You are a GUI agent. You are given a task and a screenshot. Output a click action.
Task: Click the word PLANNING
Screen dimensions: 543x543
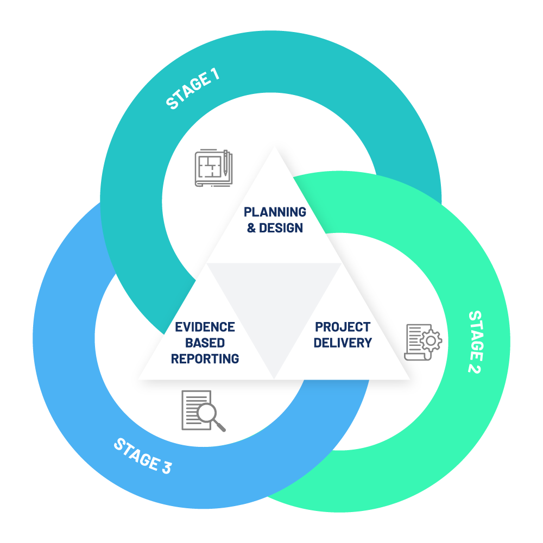click(275, 212)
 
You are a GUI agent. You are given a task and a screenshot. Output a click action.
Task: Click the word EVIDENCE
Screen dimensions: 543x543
click(205, 327)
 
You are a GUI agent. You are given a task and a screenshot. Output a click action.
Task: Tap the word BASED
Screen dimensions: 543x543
click(205, 343)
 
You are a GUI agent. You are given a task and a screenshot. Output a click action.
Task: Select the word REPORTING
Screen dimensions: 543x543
click(205, 359)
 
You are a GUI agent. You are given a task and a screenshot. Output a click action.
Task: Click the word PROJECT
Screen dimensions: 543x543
click(343, 327)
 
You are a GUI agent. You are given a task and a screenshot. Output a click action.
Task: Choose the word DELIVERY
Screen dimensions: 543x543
click(343, 343)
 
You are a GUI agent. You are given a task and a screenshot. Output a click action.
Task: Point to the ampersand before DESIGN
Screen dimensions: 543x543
click(251, 228)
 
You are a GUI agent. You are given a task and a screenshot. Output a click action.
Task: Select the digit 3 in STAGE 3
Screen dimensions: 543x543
click(166, 467)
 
